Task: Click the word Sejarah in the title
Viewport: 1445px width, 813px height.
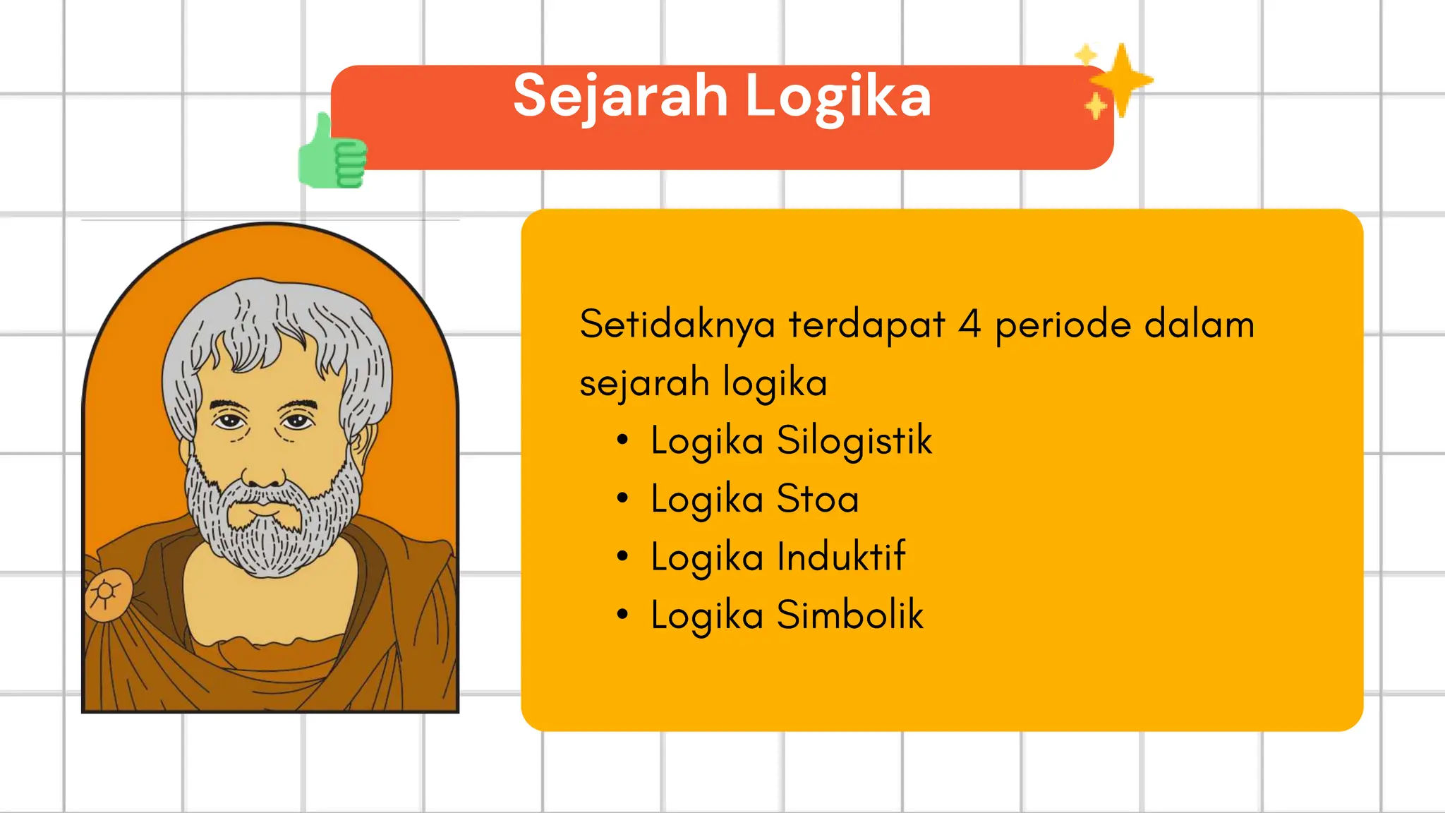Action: pos(620,97)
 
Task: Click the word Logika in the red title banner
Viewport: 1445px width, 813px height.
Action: pos(838,97)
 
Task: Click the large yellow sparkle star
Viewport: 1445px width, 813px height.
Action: pos(1121,80)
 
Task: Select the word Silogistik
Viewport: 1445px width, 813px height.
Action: pos(854,440)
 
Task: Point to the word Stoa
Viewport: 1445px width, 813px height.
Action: pos(818,499)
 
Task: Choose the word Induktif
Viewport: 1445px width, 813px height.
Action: pos(841,557)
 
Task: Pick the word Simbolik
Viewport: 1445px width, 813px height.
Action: pos(850,615)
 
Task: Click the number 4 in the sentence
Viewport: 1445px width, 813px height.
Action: pos(969,325)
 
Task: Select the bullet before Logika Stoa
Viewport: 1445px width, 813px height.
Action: pos(622,498)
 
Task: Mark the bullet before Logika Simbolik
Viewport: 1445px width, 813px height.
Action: pos(622,614)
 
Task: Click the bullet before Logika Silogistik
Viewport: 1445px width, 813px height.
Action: pos(622,440)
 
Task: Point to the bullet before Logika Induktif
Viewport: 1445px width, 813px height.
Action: pos(622,556)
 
